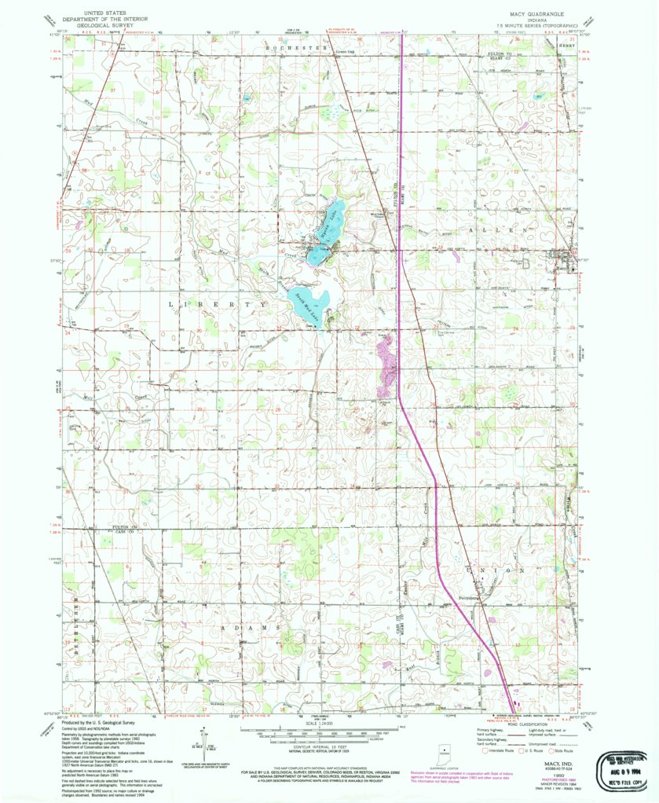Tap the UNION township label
pyautogui.click(x=495, y=569)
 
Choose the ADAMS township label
pyautogui.click(x=254, y=629)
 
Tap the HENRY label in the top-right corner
pyautogui.click(x=567, y=45)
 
